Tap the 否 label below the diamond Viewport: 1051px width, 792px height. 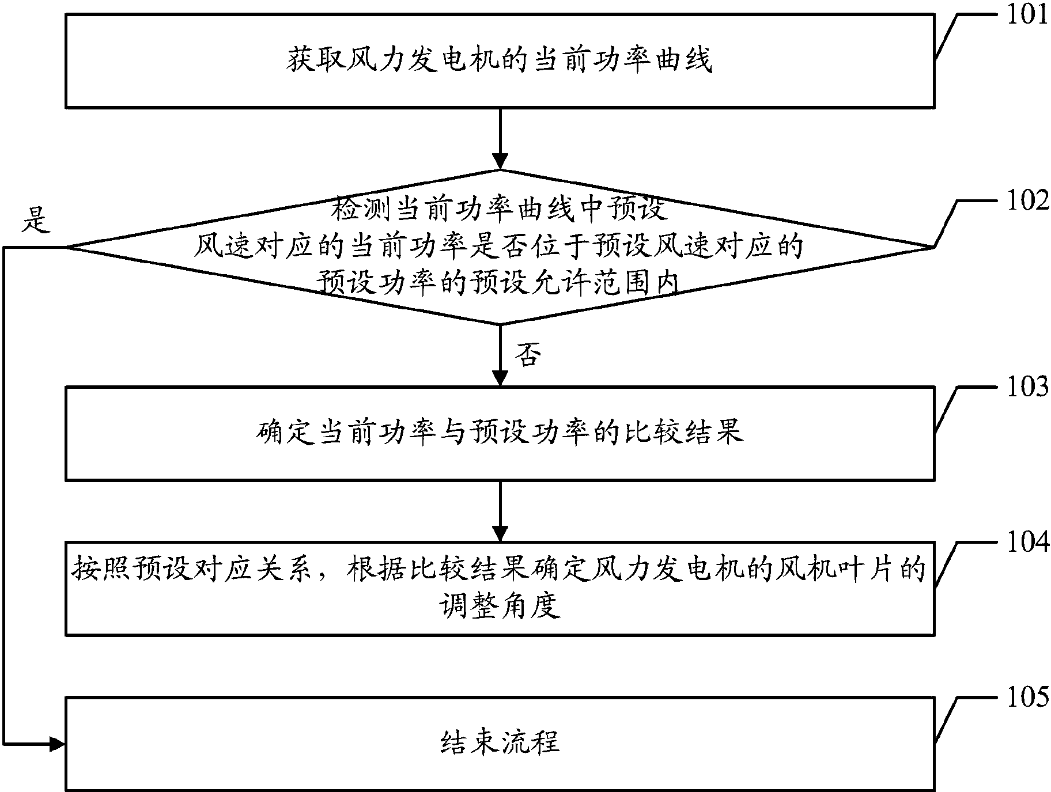(x=528, y=355)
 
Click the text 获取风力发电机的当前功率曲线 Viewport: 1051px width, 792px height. (x=500, y=60)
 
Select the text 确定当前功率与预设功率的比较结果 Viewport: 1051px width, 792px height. (x=500, y=433)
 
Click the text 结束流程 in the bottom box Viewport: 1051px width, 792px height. (x=500, y=742)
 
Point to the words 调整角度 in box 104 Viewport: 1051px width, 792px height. (x=500, y=606)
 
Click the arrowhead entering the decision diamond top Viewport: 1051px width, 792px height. (x=500, y=162)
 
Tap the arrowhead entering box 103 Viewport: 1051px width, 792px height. (x=500, y=378)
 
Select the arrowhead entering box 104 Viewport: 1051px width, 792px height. (x=500, y=533)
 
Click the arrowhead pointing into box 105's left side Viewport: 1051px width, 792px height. (x=58, y=744)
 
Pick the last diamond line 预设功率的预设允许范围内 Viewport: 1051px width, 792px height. (x=500, y=283)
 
